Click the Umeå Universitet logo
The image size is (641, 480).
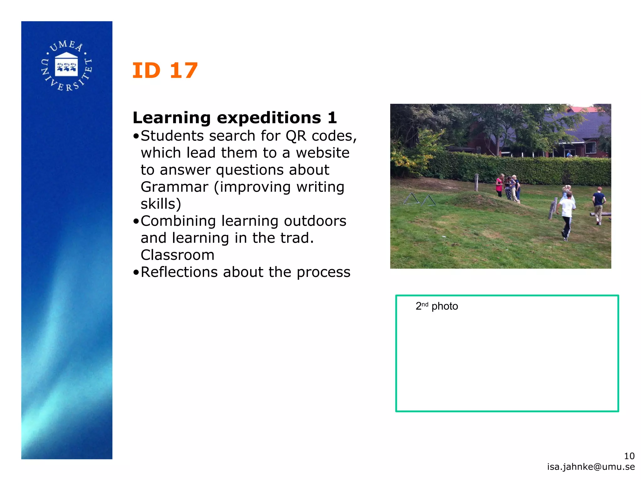(67, 66)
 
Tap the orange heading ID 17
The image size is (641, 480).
(165, 71)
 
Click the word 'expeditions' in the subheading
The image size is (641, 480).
(269, 118)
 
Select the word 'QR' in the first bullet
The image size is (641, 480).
(296, 136)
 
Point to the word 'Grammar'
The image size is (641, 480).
(174, 187)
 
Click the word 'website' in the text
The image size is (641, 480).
(323, 153)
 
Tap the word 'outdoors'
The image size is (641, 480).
(315, 221)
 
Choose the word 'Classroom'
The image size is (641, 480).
(177, 255)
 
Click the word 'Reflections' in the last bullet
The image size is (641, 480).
(179, 272)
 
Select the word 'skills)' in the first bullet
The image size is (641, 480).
(161, 204)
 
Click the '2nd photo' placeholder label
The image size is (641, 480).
(437, 306)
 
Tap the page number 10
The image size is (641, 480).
(629, 456)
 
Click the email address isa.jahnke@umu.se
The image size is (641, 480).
(591, 467)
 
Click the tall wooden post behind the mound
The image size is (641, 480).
(476, 182)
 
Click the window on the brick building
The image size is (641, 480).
(590, 148)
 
